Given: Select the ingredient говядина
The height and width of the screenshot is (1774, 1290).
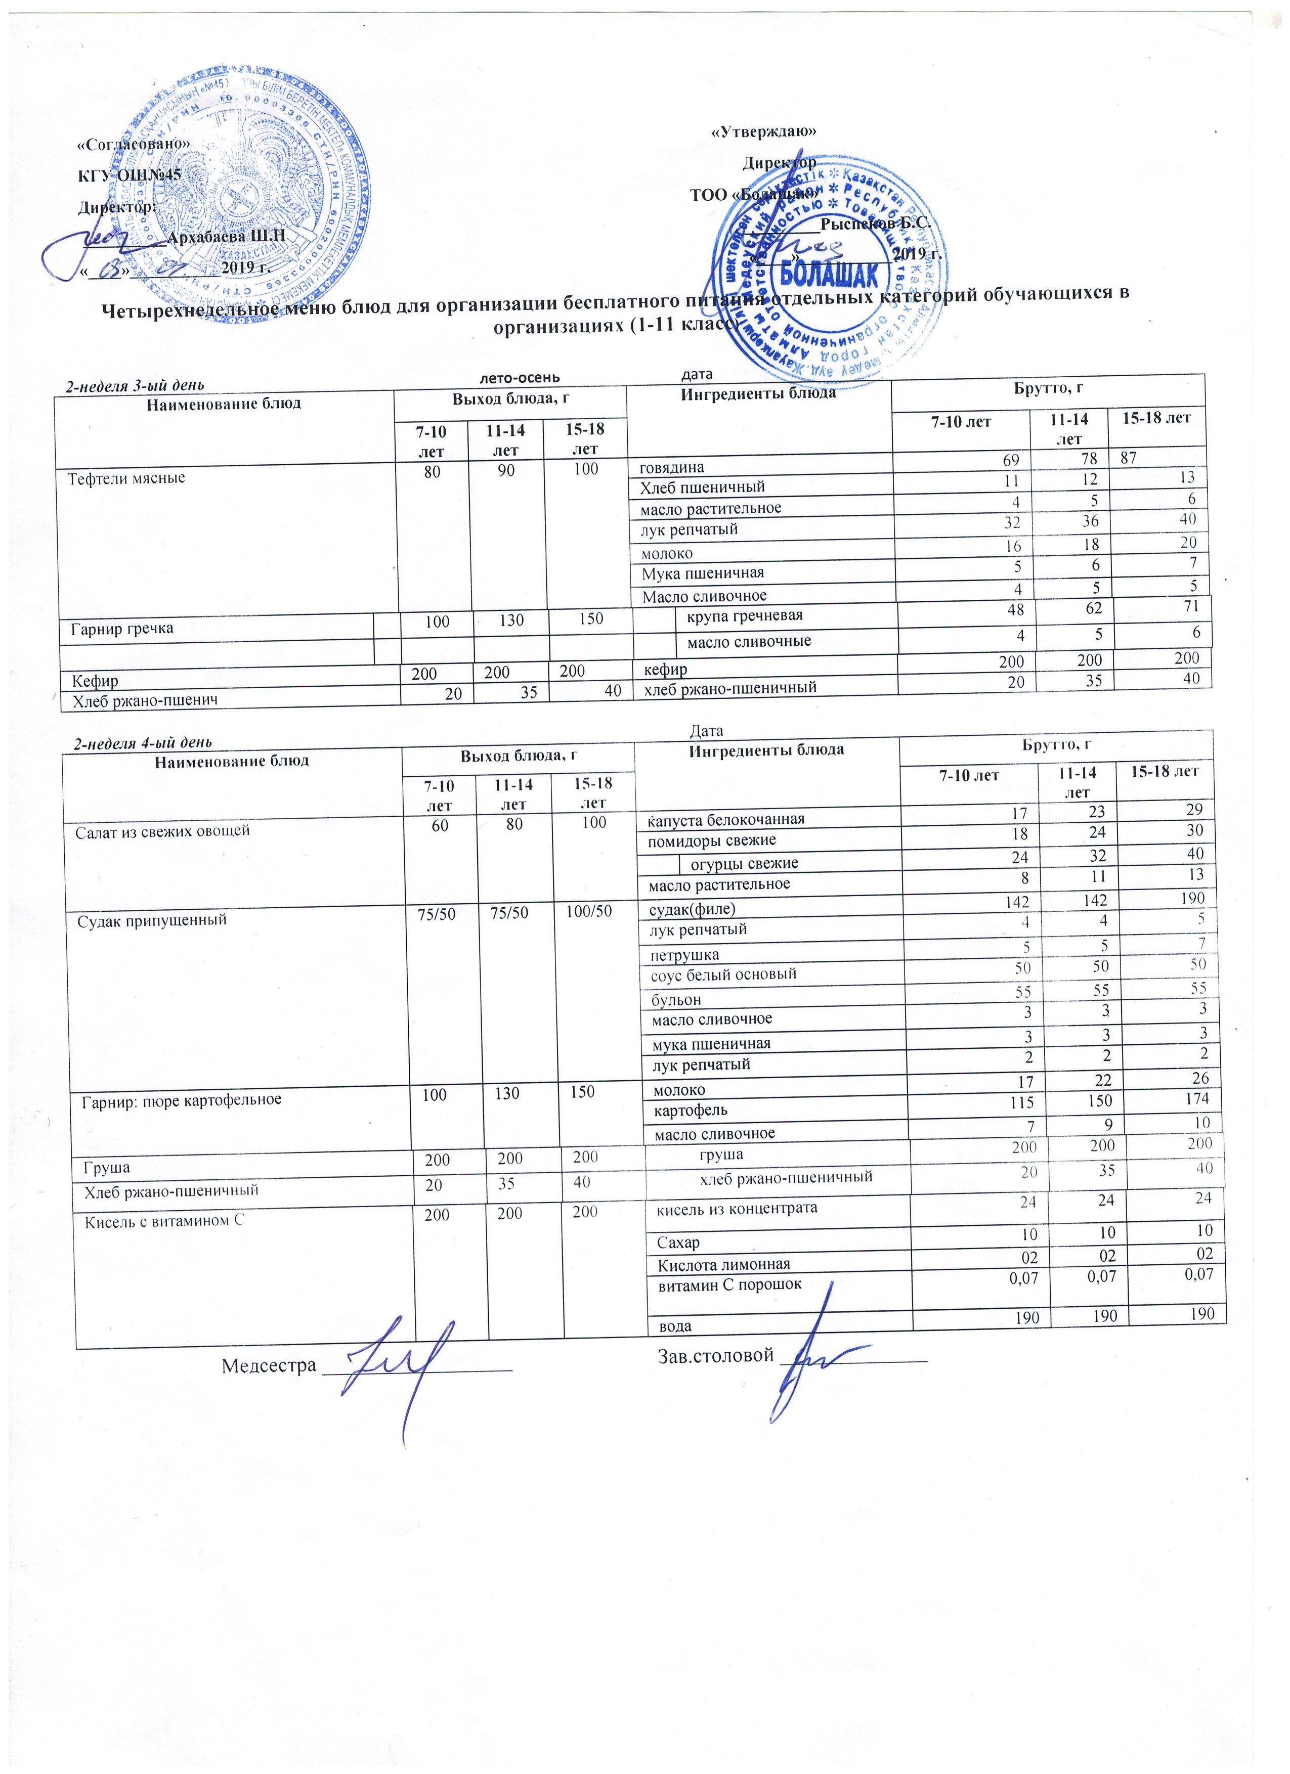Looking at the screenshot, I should click(672, 467).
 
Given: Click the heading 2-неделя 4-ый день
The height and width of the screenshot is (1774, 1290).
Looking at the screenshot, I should click(141, 741).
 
